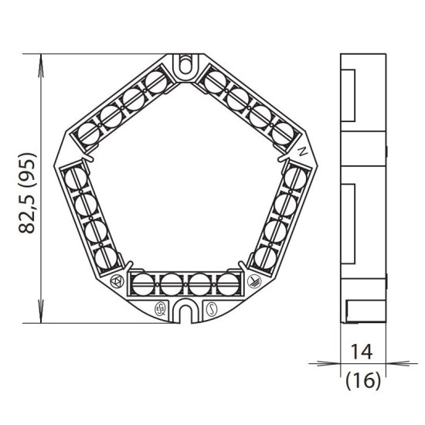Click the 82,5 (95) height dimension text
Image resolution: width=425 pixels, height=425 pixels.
click(x=27, y=193)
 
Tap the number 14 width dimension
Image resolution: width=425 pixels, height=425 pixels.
click(x=362, y=352)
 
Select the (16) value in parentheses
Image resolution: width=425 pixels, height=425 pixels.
click(x=363, y=380)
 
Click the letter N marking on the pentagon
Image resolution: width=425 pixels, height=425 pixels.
click(x=303, y=151)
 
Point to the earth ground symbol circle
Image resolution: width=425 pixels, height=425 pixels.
click(x=254, y=281)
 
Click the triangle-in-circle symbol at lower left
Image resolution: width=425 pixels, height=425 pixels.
click(x=117, y=281)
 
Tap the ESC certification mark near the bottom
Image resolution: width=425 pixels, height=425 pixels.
click(x=160, y=310)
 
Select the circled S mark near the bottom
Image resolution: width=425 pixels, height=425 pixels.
click(x=211, y=310)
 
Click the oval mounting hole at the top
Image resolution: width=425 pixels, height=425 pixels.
click(x=185, y=64)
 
